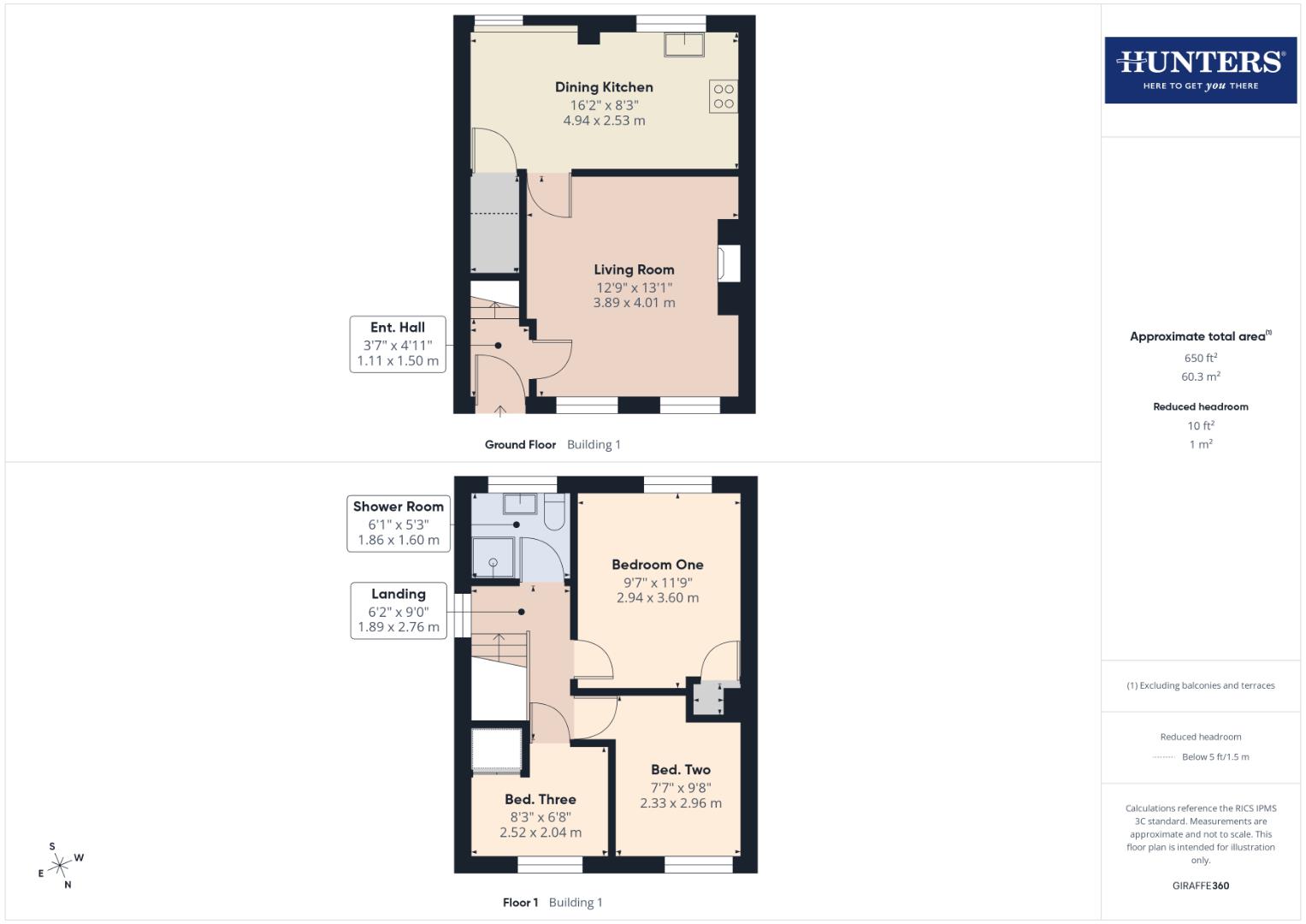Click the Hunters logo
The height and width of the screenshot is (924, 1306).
pyautogui.click(x=1200, y=69)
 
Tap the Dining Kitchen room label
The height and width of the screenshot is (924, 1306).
pyautogui.click(x=604, y=87)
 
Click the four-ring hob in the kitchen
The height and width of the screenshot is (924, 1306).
pyautogui.click(x=723, y=97)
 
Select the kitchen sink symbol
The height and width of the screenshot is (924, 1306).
pyautogui.click(x=684, y=44)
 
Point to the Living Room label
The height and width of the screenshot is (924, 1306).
pyautogui.click(x=634, y=270)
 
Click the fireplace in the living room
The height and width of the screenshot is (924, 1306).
pyautogui.click(x=730, y=264)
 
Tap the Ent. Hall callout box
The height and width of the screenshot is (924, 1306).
pyautogui.click(x=398, y=343)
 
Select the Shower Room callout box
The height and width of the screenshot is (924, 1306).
pyautogui.click(x=399, y=523)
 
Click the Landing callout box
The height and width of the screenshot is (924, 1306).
pyautogui.click(x=399, y=610)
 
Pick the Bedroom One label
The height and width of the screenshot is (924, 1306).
pyautogui.click(x=658, y=565)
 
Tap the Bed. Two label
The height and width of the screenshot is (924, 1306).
pyautogui.click(x=681, y=770)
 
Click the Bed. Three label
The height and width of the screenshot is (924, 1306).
pyautogui.click(x=540, y=800)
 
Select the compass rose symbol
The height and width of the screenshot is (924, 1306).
pyautogui.click(x=60, y=866)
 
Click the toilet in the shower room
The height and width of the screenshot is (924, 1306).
pyautogui.click(x=554, y=511)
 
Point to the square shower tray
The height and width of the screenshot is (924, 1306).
pyautogui.click(x=493, y=558)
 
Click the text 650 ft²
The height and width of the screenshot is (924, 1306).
pyautogui.click(x=1200, y=358)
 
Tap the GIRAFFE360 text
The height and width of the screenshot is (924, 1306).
pyautogui.click(x=1200, y=885)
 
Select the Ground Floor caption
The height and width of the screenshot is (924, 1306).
pyautogui.click(x=520, y=445)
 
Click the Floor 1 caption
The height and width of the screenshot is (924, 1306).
pyautogui.click(x=520, y=903)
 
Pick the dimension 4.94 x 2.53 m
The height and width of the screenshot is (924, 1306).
pyautogui.click(x=604, y=121)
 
